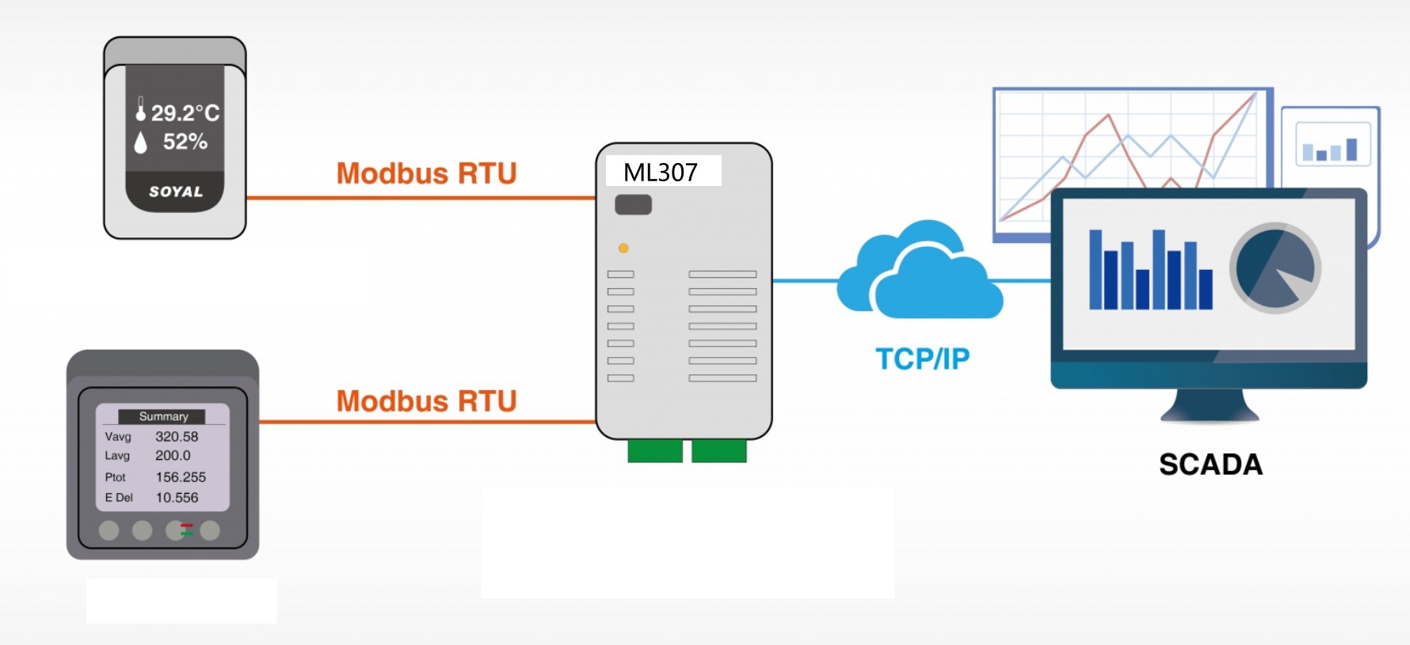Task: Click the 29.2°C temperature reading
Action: point(185,113)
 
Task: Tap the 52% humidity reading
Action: point(185,142)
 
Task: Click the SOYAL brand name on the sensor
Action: point(176,192)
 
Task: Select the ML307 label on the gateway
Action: point(661,172)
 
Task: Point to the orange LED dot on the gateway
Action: point(623,249)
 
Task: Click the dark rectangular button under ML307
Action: point(633,205)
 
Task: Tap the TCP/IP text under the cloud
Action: point(922,359)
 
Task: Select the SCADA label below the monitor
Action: point(1210,465)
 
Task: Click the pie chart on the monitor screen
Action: point(1275,268)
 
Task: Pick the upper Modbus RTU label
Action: point(426,173)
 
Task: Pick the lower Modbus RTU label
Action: point(426,401)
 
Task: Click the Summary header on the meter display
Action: point(163,416)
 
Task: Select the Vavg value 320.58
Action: point(177,437)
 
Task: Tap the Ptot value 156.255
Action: point(181,477)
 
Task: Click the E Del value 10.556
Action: point(177,498)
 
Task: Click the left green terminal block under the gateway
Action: point(655,451)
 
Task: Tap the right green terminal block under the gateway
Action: point(719,451)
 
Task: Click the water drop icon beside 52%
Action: point(141,142)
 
